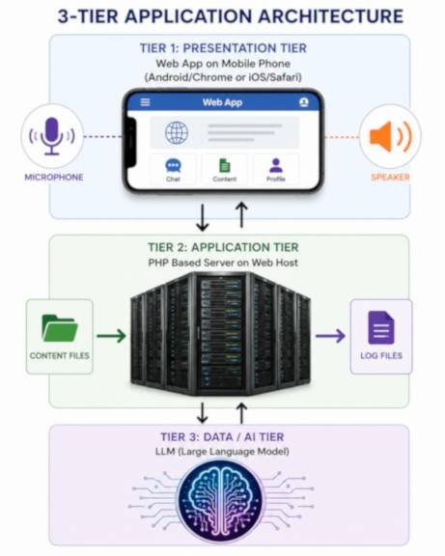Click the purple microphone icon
(52, 136)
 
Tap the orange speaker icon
(390, 136)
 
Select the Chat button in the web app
(173, 170)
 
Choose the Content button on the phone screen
(225, 170)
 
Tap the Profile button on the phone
(276, 170)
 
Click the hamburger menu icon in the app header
(145, 102)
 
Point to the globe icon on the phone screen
(177, 133)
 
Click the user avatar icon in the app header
(303, 102)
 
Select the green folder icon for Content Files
(60, 328)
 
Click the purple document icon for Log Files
(381, 328)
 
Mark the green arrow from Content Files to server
(111, 336)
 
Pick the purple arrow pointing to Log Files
(330, 336)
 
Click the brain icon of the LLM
(221, 501)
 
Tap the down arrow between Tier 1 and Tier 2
(203, 217)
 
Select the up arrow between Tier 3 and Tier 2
(242, 413)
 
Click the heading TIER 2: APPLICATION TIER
(223, 247)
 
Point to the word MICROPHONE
(54, 178)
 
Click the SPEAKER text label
(390, 178)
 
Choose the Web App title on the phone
(222, 102)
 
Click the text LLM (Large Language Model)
(222, 452)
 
